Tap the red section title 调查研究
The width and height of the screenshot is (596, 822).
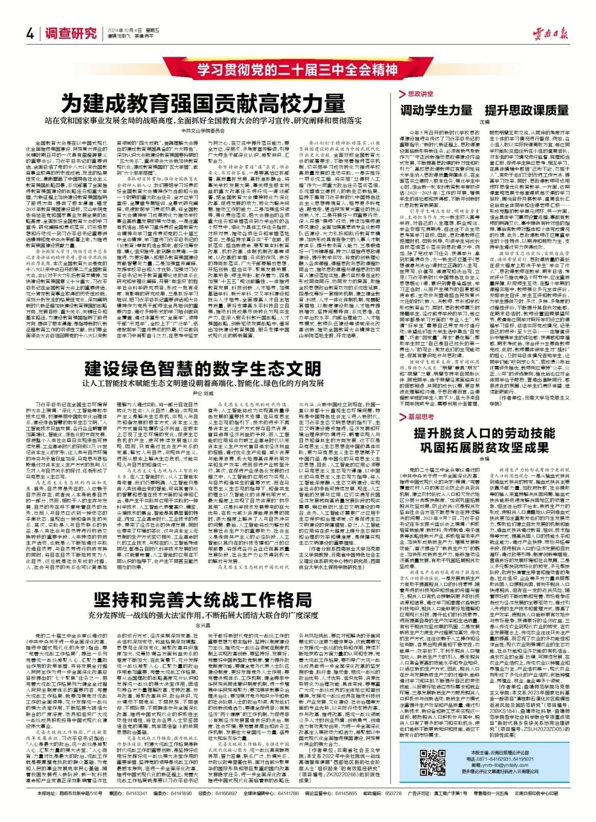click(71, 34)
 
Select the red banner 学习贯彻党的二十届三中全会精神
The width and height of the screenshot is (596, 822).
click(297, 70)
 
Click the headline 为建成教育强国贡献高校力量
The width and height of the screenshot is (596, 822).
click(203, 103)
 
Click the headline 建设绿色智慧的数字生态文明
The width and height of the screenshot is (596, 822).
click(203, 368)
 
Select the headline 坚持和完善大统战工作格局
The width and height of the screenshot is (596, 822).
click(203, 600)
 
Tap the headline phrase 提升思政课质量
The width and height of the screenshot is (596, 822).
click(526, 110)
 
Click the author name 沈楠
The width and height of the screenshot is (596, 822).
click(485, 121)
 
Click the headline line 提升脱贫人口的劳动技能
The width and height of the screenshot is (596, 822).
click(485, 433)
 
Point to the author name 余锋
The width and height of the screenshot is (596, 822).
click(485, 459)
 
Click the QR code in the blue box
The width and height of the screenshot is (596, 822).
click(433, 762)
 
